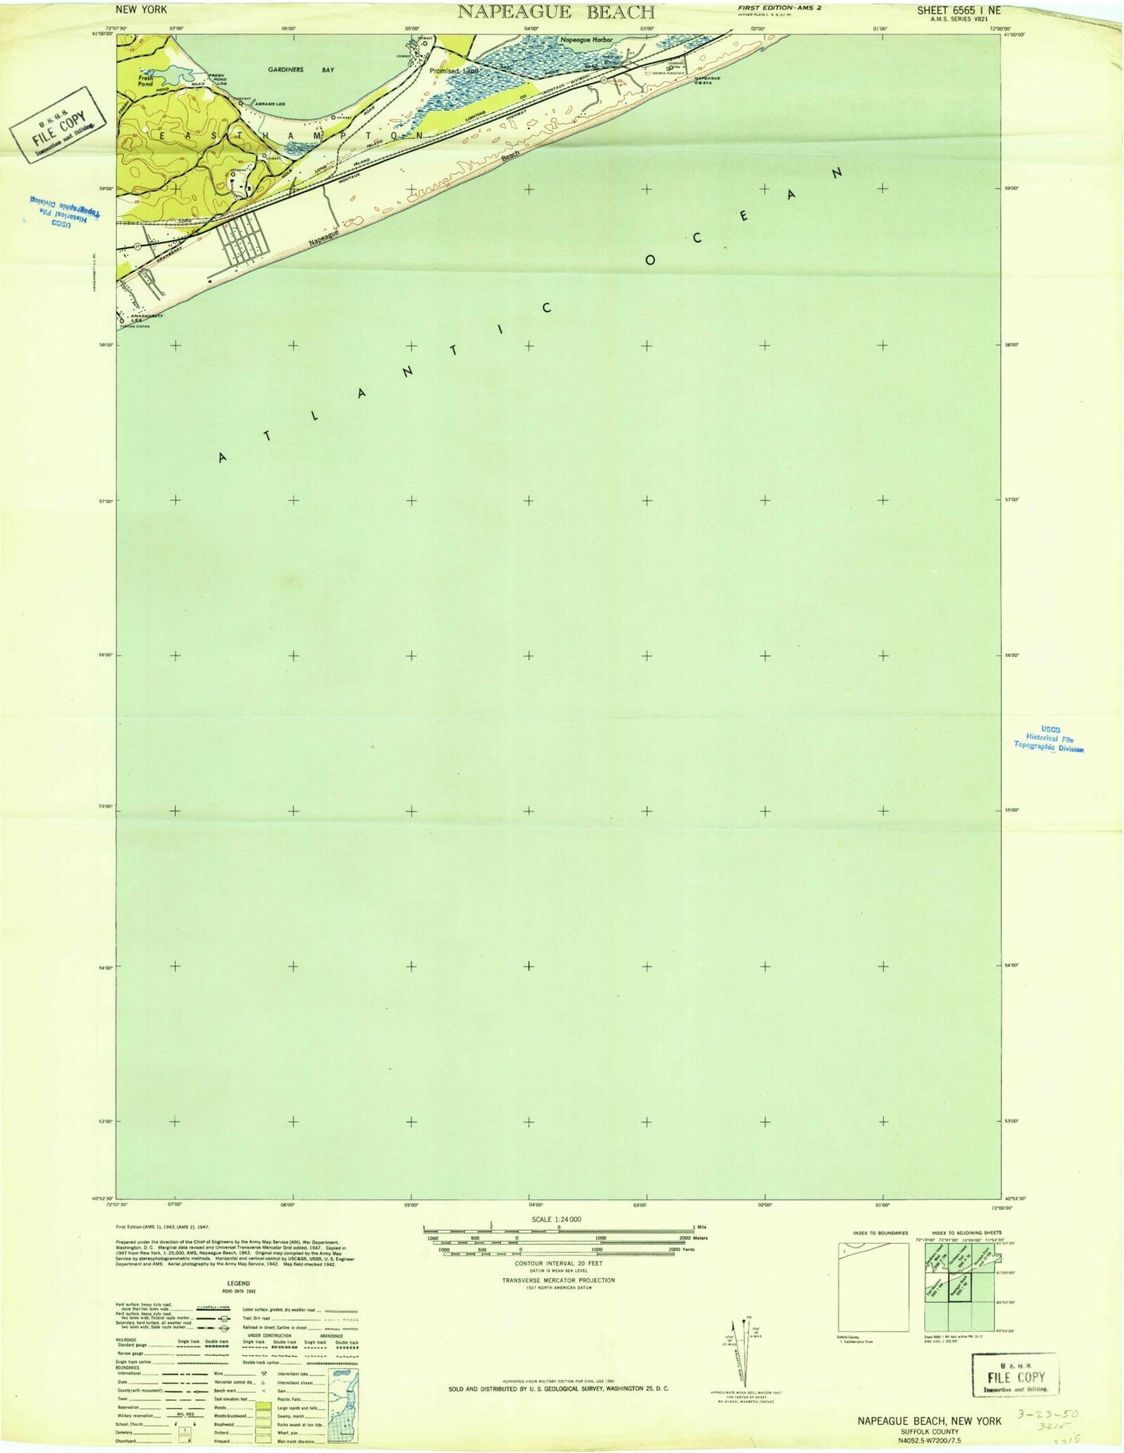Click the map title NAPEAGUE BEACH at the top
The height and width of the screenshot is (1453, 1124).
[555, 12]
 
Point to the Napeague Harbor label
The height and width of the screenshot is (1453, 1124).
[587, 40]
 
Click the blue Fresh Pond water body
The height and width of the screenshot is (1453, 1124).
[177, 76]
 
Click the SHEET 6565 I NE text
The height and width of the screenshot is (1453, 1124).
[958, 11]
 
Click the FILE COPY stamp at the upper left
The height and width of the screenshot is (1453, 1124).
[59, 123]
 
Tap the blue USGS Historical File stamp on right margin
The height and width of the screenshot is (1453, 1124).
[1049, 739]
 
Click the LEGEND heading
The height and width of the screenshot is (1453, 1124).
[238, 1283]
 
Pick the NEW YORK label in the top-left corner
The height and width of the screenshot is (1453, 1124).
[138, 10]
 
